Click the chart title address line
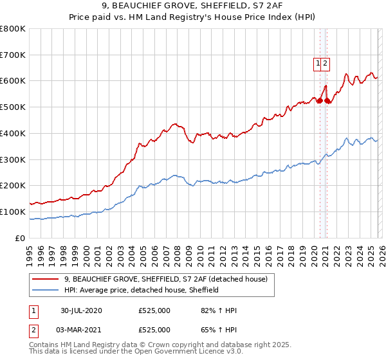[193, 6]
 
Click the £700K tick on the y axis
[13, 55]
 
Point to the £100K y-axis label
[13, 212]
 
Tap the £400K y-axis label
[13, 133]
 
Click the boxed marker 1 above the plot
[318, 63]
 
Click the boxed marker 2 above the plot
[326, 63]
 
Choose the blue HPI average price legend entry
[142, 290]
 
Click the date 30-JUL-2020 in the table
[81, 310]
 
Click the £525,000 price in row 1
[154, 310]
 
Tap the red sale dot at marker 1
[320, 100]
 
